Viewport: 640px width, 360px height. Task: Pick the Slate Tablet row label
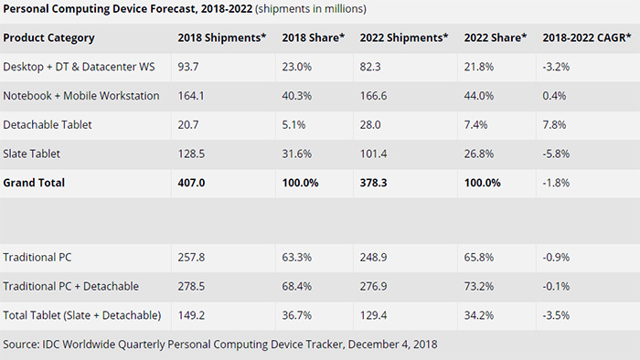(33, 153)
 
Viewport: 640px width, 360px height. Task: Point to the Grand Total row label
(35, 182)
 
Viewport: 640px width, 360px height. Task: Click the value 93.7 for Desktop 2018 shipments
(189, 66)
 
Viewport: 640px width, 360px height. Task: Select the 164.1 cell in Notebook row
(192, 95)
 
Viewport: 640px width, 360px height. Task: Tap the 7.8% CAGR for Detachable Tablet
(554, 123)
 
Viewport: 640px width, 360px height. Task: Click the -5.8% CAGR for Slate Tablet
(556, 153)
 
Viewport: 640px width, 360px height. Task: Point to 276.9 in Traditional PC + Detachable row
(375, 287)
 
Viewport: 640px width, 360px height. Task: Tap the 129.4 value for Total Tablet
(375, 315)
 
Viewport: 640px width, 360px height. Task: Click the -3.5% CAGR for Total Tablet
(556, 315)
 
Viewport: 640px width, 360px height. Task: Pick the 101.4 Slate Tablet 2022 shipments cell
(375, 153)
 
